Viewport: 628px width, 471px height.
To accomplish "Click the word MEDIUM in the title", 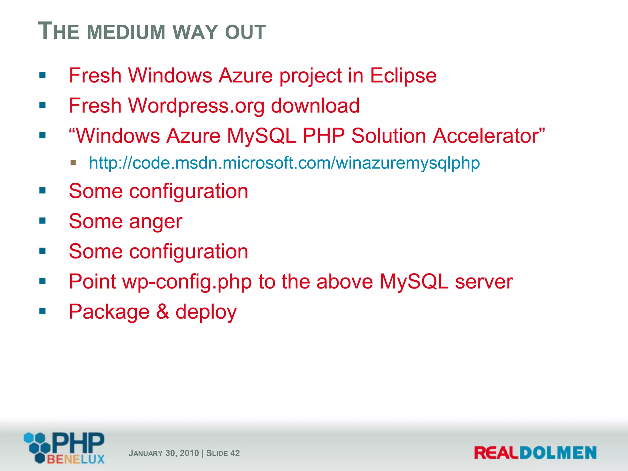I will (x=126, y=32).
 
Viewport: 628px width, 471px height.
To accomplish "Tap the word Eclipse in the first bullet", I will (x=403, y=75).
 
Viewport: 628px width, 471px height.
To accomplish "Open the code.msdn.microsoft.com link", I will (x=284, y=163).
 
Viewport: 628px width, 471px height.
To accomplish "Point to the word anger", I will (x=156, y=222).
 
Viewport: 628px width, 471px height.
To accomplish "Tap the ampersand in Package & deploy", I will (x=162, y=312).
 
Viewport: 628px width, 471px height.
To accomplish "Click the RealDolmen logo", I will (x=535, y=453).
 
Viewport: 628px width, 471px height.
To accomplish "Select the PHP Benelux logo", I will (x=64, y=448).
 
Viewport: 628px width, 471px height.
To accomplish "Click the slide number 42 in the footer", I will (x=235, y=453).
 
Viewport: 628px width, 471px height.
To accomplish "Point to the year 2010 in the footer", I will (x=189, y=453).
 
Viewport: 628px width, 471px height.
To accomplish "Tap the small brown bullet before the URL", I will (x=73, y=162).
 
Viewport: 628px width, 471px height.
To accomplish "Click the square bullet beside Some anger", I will (x=42, y=220).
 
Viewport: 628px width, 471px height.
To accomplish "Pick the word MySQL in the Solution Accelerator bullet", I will (x=261, y=136).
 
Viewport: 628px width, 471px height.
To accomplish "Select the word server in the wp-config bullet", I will (x=484, y=281).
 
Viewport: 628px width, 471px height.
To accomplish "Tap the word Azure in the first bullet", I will (x=246, y=75).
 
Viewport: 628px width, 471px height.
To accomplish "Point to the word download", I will (x=315, y=106).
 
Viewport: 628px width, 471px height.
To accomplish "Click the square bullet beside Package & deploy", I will (x=42, y=311).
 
